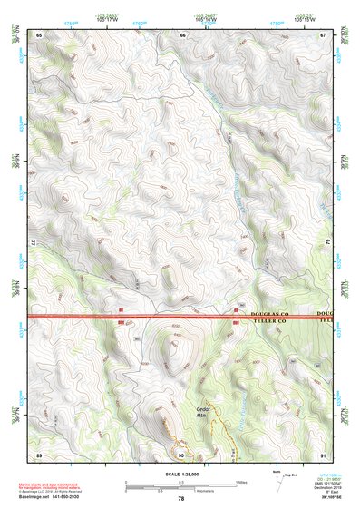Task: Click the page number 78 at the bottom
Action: [181, 498]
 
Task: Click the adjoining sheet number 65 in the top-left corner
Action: [39, 34]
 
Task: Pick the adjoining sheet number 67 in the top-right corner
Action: [324, 34]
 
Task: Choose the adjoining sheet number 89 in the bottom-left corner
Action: [39, 454]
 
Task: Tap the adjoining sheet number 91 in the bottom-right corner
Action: [324, 454]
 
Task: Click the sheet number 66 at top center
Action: [182, 34]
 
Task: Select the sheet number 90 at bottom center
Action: [181, 454]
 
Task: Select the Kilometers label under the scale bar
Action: [195, 491]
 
